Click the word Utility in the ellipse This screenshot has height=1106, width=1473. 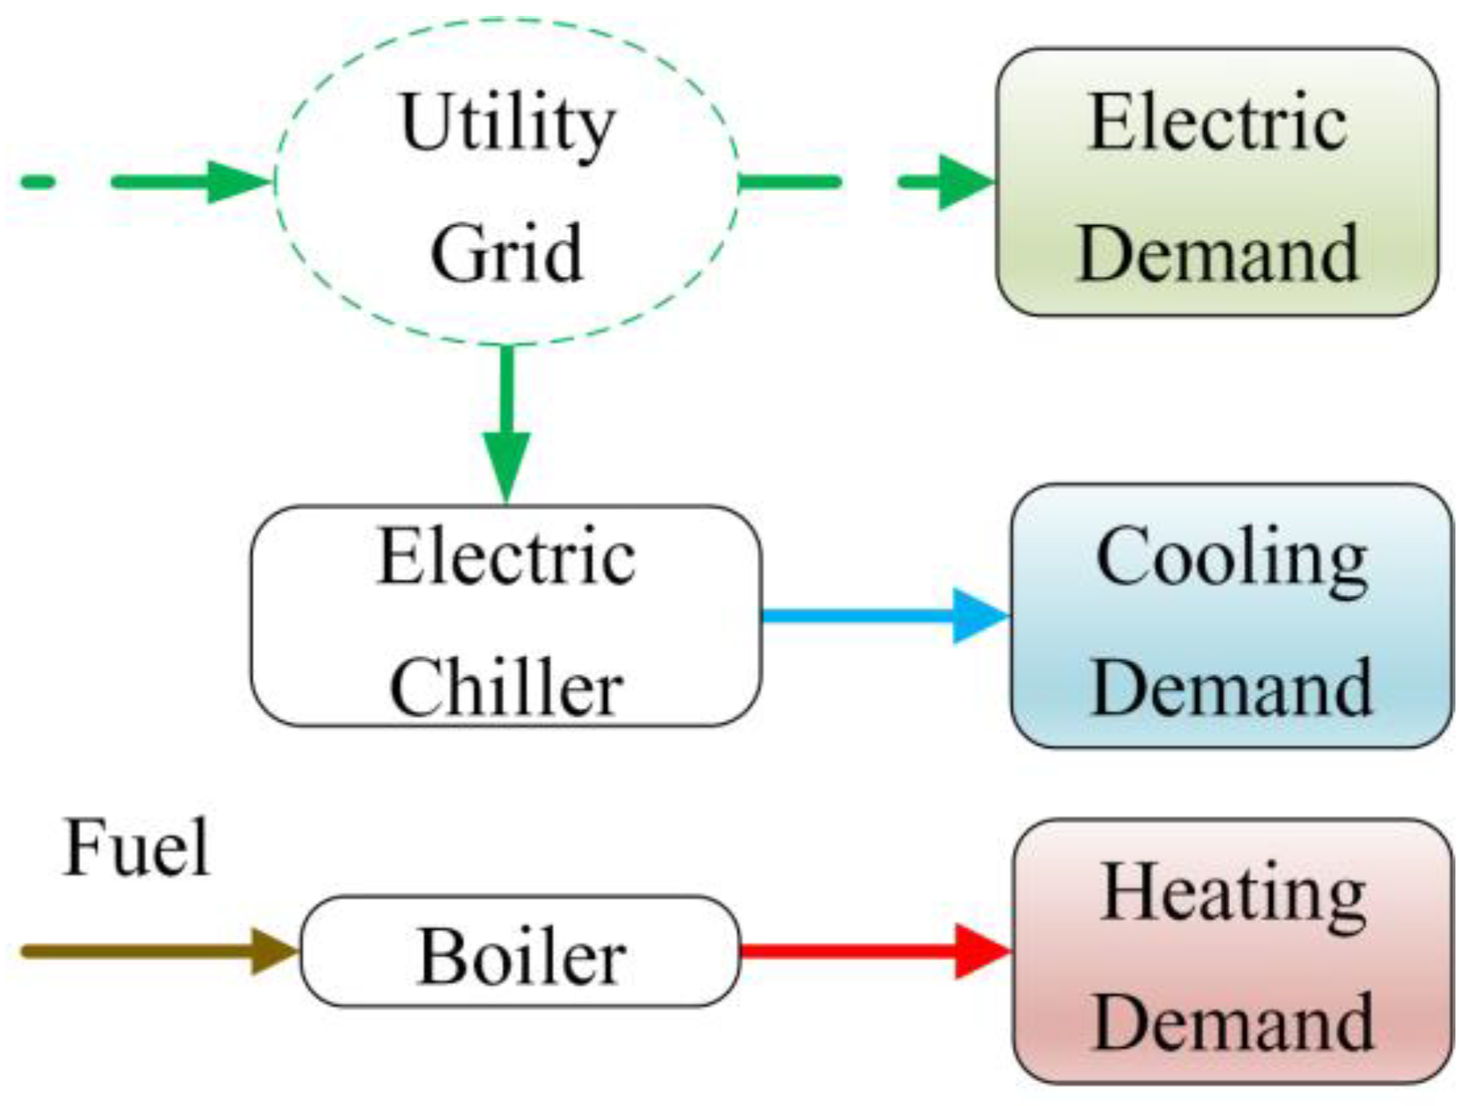click(x=507, y=124)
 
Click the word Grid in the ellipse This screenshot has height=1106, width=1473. click(x=507, y=252)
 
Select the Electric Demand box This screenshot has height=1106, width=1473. click(x=1217, y=182)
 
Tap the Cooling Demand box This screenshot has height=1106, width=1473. click(x=1231, y=616)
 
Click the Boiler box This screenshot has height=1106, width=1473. click(x=521, y=952)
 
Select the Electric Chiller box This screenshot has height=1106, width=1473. click(x=506, y=616)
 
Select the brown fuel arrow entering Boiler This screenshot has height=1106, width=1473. click(x=158, y=951)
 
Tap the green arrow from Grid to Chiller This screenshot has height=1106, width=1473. click(x=507, y=421)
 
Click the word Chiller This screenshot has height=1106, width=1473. click(x=506, y=689)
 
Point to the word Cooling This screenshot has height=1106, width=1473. click(x=1231, y=559)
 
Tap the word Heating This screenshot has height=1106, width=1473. click(x=1232, y=894)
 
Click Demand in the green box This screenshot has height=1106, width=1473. click(x=1217, y=252)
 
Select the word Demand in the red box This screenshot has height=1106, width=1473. click(x=1232, y=1022)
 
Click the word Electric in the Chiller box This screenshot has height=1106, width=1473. click(x=506, y=557)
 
